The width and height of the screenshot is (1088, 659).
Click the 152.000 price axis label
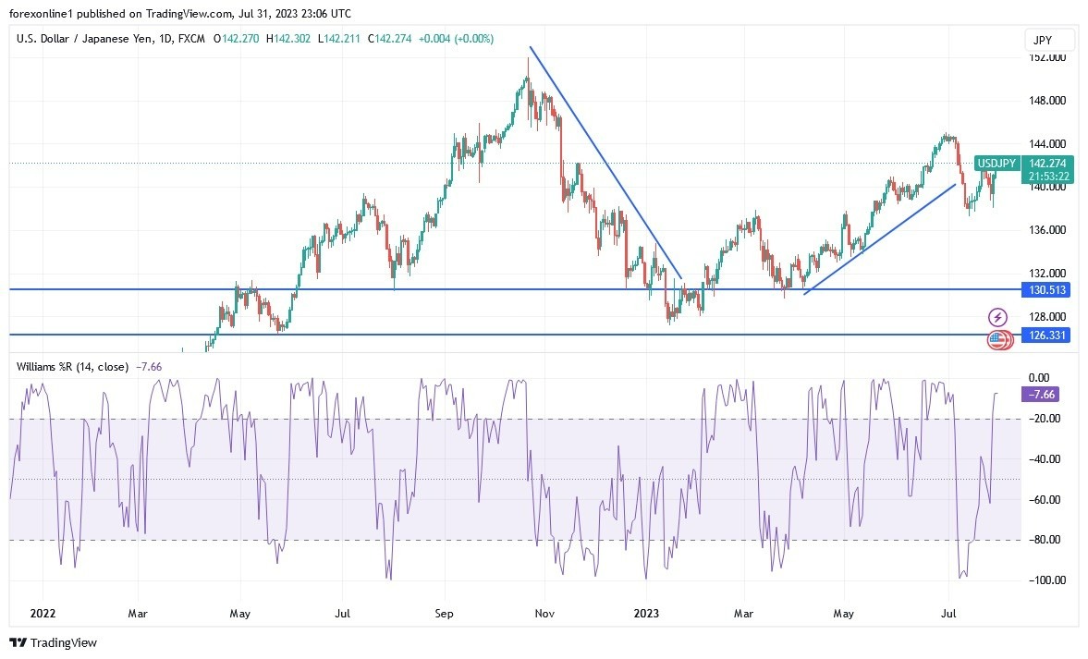1047,57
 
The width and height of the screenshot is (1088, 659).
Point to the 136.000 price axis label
1047,230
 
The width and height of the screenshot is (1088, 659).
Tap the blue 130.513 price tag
1047,290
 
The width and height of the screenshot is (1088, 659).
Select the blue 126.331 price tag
1047,336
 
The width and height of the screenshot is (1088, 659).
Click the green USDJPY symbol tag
998,164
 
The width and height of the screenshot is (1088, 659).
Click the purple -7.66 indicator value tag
1040,395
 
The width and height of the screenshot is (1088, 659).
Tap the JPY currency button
1049,40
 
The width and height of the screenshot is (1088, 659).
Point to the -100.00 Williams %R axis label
1046,580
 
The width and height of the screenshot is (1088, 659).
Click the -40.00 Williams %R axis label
1046,459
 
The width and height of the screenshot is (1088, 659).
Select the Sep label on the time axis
444,613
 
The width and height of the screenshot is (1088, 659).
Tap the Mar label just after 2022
138,613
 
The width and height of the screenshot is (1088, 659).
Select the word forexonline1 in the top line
42,14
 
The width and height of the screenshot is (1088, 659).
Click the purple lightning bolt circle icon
997,317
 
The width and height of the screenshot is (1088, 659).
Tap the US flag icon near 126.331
995,339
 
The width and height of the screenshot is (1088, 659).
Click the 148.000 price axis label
1047,101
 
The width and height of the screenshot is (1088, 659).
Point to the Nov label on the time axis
545,613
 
